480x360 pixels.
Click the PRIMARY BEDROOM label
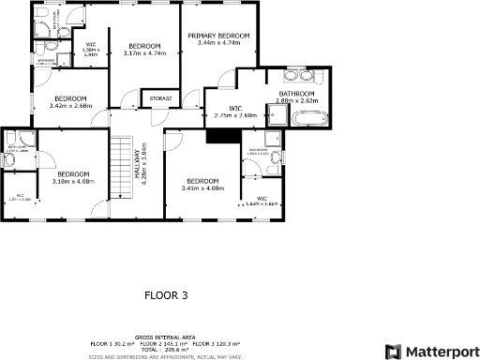point(225,36)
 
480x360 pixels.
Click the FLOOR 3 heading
point(166,294)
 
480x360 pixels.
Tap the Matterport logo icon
point(393,352)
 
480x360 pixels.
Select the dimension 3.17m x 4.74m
point(144,53)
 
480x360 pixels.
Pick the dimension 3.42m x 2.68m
point(70,106)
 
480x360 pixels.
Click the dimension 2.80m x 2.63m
point(298,100)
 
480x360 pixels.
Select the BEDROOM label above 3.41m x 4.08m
point(202,181)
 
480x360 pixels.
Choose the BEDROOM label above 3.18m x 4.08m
point(72,174)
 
